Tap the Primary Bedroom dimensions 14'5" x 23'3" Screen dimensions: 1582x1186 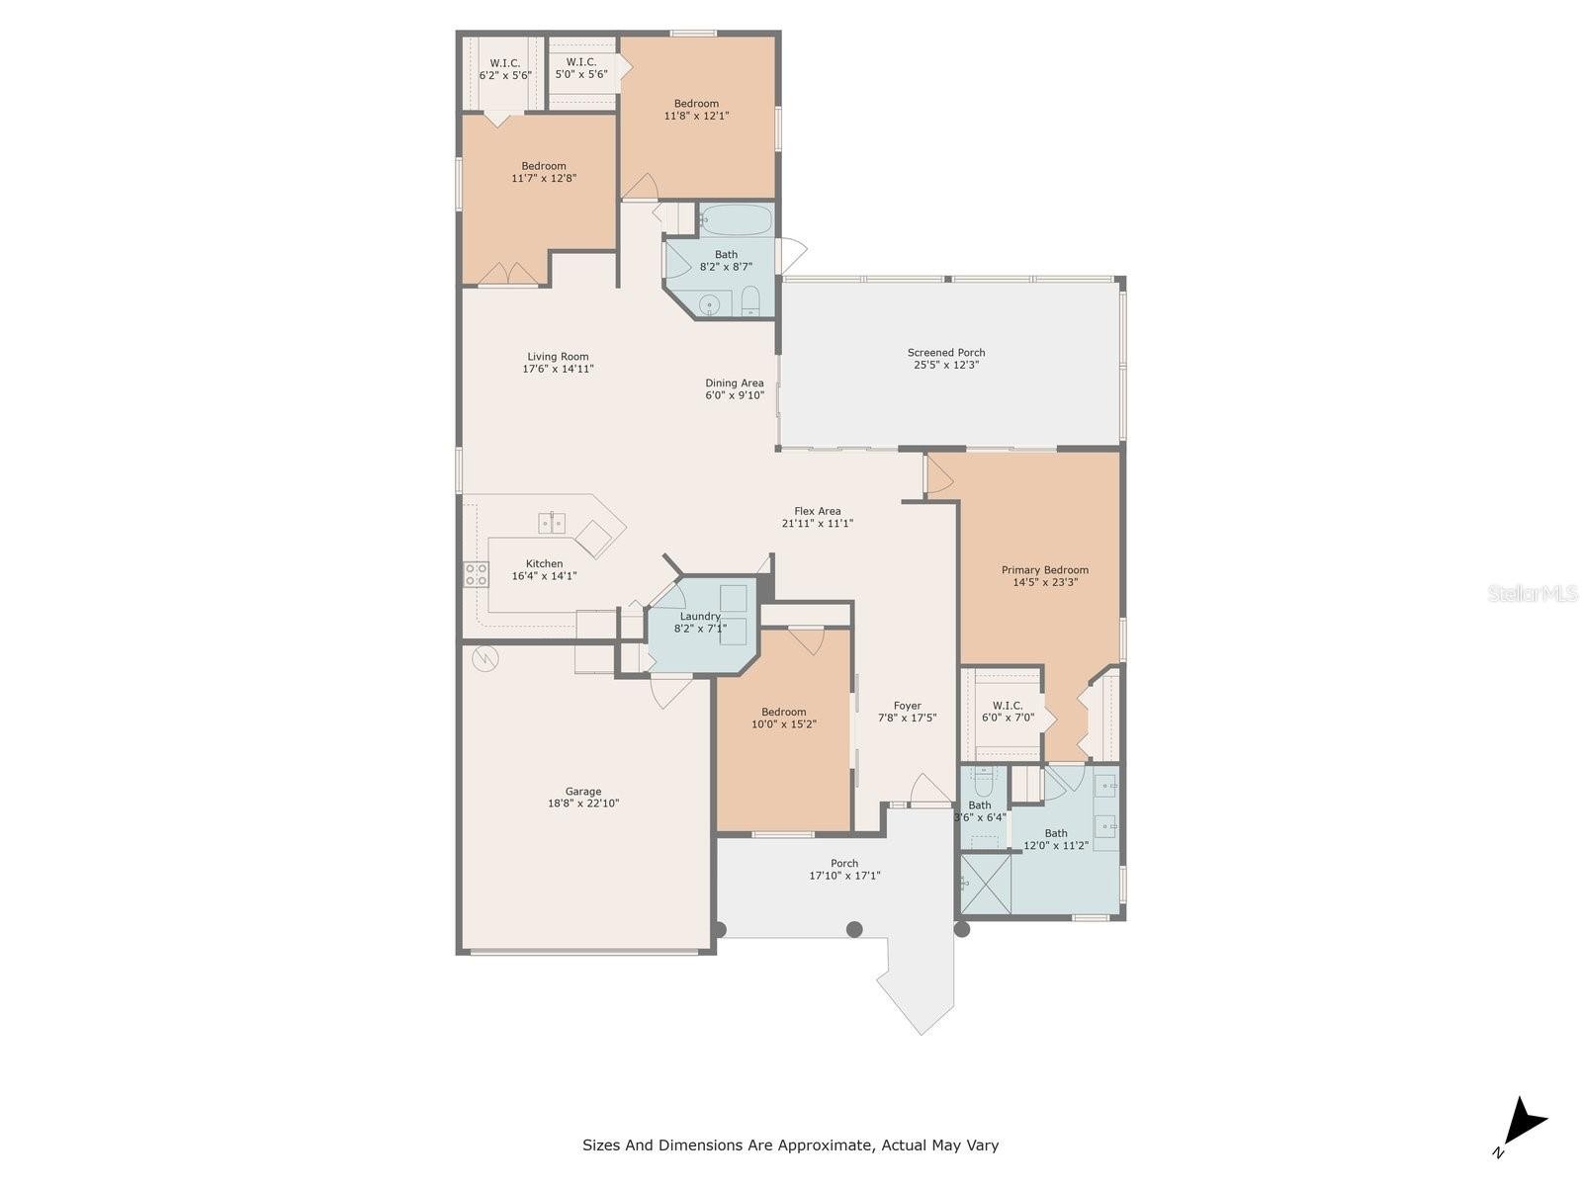coord(1045,582)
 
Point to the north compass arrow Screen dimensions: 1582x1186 coord(1522,1124)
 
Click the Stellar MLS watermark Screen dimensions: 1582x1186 coord(1533,593)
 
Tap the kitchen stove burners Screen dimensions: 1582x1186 coord(476,574)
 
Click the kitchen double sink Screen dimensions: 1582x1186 coord(552,523)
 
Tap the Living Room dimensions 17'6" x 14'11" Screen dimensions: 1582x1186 coord(558,369)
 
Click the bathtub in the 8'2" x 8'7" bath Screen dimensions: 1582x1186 coord(736,219)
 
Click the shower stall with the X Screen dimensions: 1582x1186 coord(986,883)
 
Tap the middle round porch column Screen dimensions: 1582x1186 coord(854,929)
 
